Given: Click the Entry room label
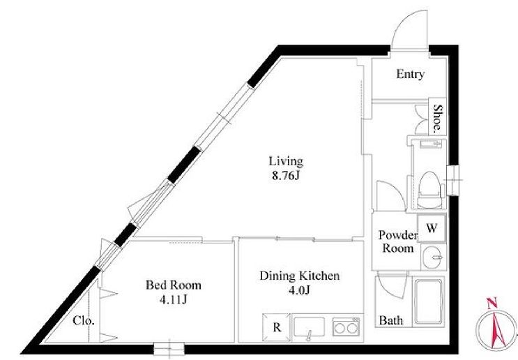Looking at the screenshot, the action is (x=411, y=74).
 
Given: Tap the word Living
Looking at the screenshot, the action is (x=286, y=161).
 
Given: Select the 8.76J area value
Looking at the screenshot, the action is (x=286, y=176).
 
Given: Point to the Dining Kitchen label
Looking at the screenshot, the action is (x=299, y=276).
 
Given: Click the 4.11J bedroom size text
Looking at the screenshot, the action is (x=173, y=299).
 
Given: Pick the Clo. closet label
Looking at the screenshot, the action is (x=84, y=320).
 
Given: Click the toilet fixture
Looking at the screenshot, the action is (x=430, y=190).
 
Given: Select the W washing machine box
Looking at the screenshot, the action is (x=432, y=228).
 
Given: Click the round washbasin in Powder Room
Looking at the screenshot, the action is (x=433, y=257).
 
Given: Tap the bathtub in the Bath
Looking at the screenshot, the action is (x=429, y=301).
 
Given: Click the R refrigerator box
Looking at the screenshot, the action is (x=277, y=328).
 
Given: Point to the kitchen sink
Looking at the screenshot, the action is (x=310, y=328).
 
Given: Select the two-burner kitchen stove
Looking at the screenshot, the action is (x=346, y=327).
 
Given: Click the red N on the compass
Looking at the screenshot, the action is (x=492, y=303).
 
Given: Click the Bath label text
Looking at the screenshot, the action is (x=391, y=320).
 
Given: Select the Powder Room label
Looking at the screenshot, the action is (x=398, y=241).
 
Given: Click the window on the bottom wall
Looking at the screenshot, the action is (x=169, y=349).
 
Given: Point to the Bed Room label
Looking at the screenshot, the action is (x=174, y=285).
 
